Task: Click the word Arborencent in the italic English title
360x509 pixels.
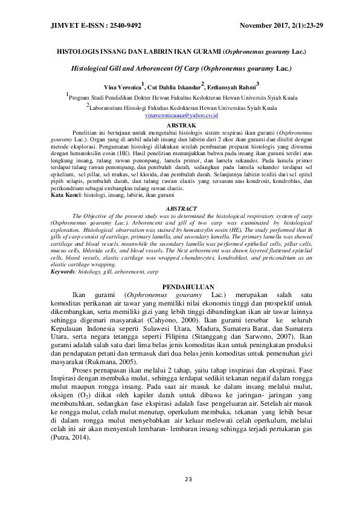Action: (x=146, y=69)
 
